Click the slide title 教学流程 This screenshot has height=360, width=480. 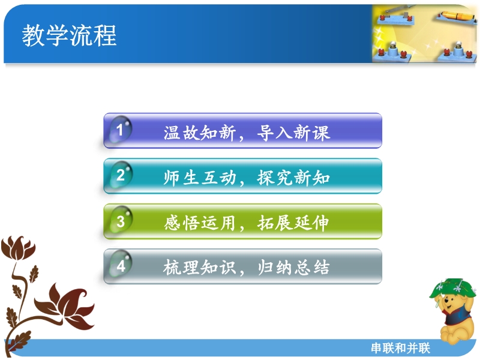click(x=69, y=35)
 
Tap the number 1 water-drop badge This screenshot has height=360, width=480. click(x=121, y=129)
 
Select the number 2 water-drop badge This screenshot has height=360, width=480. click(x=121, y=175)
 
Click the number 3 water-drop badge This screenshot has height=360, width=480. click(x=121, y=220)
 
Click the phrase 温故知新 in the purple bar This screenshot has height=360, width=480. click(x=200, y=133)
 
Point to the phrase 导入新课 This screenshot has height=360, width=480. click(x=293, y=133)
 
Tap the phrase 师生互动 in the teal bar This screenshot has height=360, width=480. click(x=200, y=178)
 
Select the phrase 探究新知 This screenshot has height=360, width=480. click(x=293, y=178)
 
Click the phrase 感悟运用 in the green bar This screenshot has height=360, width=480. click(x=200, y=223)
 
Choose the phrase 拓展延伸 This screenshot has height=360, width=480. click(x=293, y=223)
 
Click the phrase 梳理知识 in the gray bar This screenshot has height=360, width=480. click(x=200, y=267)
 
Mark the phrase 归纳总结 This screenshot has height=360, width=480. click(x=293, y=267)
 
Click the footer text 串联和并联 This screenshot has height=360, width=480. click(x=400, y=348)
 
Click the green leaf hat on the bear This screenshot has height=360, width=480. click(x=452, y=288)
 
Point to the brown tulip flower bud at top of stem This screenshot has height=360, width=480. click(x=19, y=248)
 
